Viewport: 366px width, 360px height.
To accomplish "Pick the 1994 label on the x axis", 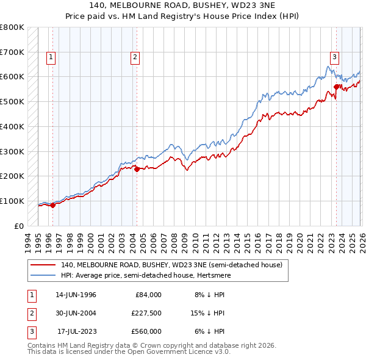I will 28,241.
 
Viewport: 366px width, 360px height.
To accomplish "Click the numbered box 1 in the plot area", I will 51,57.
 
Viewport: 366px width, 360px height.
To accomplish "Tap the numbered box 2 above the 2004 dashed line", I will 134,57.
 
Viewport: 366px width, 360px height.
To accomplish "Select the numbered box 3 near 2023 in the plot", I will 334,57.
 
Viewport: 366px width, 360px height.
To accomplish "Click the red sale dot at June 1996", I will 52,205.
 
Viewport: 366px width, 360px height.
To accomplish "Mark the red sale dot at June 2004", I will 137,170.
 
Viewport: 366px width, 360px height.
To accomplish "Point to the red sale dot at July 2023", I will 336,87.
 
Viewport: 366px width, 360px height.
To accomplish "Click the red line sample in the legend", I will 43,265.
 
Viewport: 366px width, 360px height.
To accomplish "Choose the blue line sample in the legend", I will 43,275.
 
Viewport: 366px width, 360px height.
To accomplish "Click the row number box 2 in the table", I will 30,313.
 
